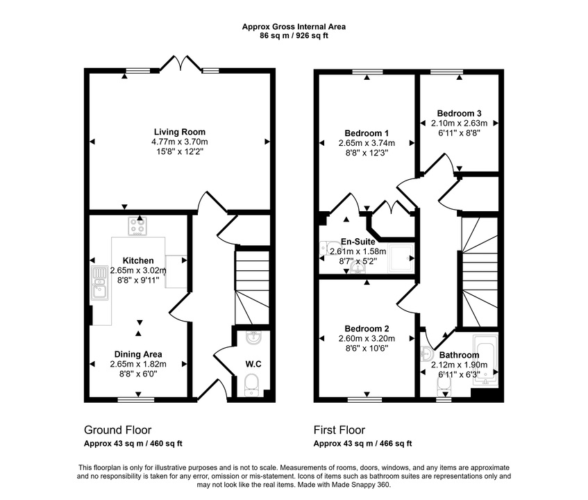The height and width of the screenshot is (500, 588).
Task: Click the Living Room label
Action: click(x=179, y=132)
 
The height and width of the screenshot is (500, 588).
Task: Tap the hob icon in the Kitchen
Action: click(x=137, y=226)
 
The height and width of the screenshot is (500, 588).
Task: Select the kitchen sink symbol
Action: click(x=98, y=285)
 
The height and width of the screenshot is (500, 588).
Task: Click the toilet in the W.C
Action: click(x=252, y=384)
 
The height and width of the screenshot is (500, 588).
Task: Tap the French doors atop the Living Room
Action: click(x=181, y=65)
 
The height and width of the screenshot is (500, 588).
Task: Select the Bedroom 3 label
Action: click(x=459, y=113)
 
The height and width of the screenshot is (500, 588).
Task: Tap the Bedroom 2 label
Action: click(x=366, y=328)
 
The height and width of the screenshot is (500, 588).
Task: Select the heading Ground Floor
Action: click(x=117, y=430)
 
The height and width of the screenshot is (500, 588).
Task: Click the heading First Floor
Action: click(x=339, y=430)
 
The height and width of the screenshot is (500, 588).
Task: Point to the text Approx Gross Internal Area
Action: click(x=293, y=26)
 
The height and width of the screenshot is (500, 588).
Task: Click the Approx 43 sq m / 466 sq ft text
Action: click(x=362, y=443)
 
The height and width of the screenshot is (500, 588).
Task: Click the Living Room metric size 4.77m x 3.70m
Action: click(x=179, y=142)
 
